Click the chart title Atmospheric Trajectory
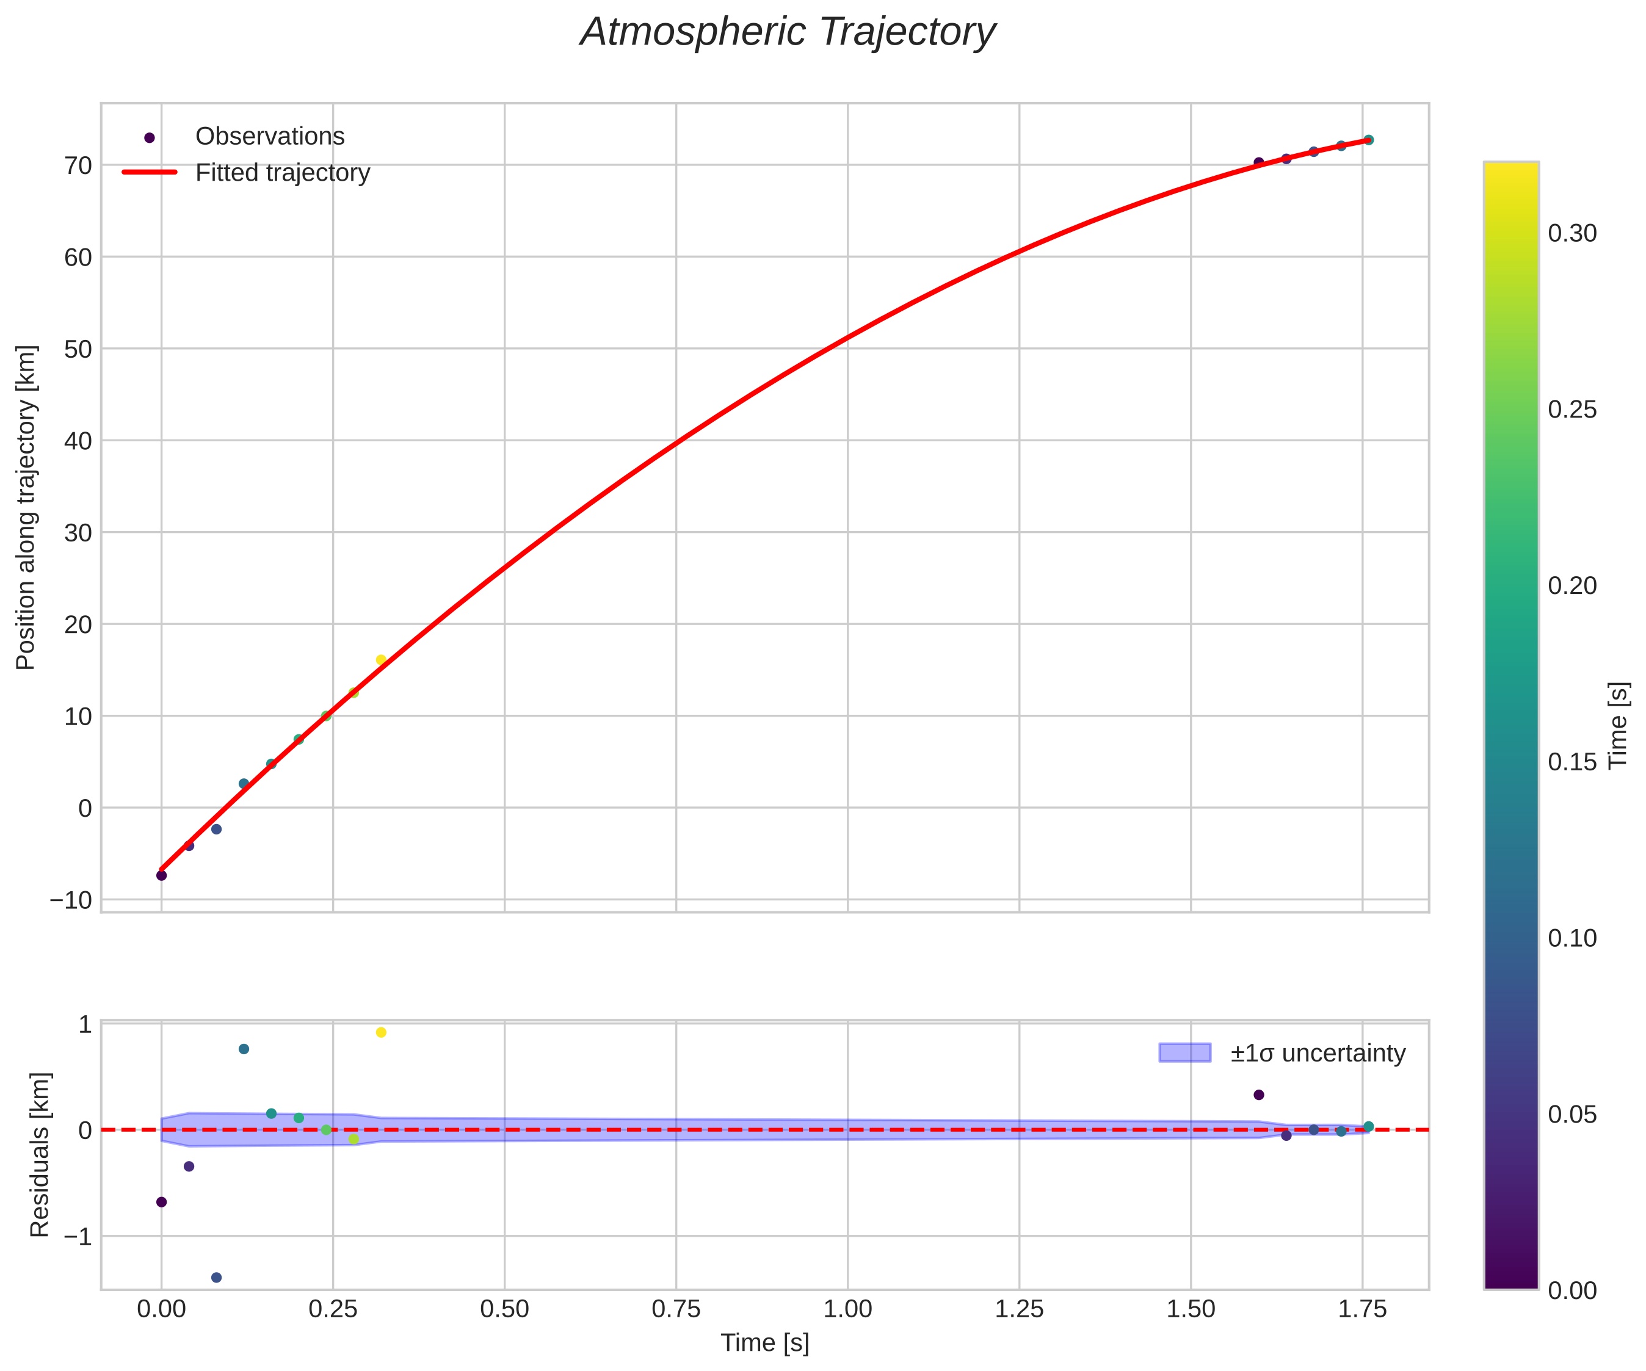787,33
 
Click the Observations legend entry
270,136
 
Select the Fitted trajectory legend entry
282,173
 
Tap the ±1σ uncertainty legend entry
1318,1053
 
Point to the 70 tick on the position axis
78,165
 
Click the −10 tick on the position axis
71,899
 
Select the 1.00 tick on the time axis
847,1309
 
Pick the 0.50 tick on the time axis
504,1309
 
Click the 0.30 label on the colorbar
1572,234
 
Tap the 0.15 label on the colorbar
1572,762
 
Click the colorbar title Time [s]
1618,725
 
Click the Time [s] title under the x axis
764,1343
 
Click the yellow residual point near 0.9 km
381,1032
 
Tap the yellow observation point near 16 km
381,660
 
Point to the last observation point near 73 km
1368,140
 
